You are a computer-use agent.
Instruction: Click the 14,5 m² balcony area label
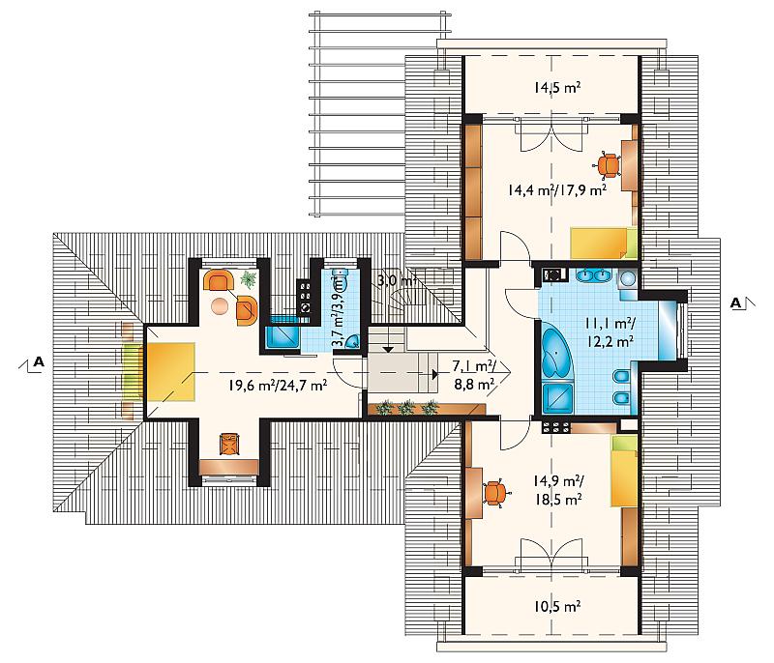pos(556,88)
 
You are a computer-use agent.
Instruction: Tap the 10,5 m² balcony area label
pos(556,606)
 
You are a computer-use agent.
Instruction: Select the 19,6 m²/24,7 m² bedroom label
pos(278,385)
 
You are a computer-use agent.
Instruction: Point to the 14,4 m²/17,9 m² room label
pos(557,189)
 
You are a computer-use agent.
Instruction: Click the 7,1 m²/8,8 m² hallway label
pos(475,375)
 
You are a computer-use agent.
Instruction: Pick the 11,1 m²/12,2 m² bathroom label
pos(610,332)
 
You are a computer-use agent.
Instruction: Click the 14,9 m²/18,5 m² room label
pos(558,490)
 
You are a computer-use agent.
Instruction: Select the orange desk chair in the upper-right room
pos(610,165)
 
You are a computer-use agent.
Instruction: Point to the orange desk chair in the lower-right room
pos(497,493)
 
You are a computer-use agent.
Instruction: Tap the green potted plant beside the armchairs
pos(249,279)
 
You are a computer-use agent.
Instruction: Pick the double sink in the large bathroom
pos(591,275)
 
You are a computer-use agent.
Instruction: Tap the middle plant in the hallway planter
pos(406,408)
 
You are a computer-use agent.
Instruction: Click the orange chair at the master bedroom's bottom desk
pos(229,444)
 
